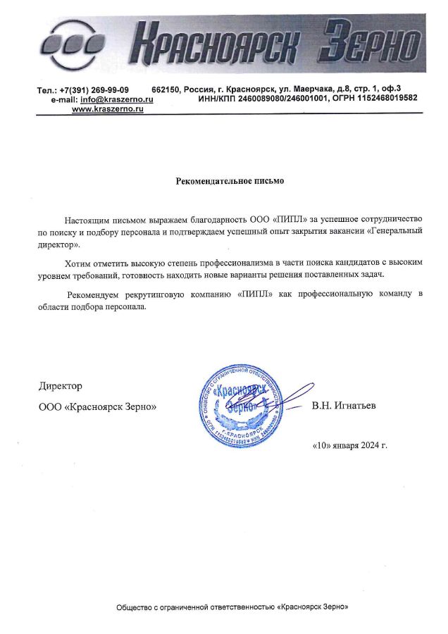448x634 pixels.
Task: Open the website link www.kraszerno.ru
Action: coord(107,109)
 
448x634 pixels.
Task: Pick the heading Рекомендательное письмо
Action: coord(229,181)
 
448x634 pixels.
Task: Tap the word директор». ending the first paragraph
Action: coord(59,244)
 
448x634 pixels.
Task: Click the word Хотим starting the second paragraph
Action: coord(78,262)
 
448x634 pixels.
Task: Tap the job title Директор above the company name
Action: coord(60,386)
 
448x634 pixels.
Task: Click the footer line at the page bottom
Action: coord(232,607)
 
